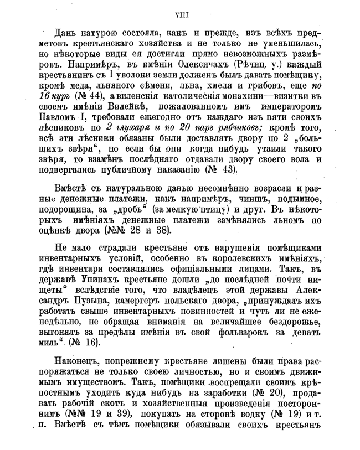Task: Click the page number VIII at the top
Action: click(180, 8)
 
